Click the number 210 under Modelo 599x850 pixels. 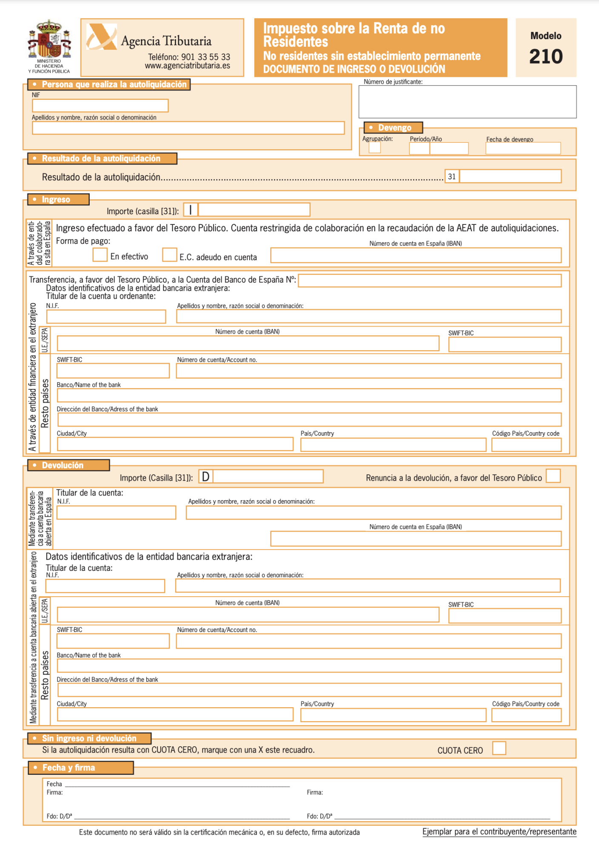point(546,57)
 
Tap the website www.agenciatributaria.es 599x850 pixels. point(187,66)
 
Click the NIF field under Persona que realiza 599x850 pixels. point(100,105)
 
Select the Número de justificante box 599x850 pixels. point(467,102)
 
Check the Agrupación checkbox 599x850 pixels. point(374,147)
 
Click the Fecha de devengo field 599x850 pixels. point(523,148)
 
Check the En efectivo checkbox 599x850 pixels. point(100,255)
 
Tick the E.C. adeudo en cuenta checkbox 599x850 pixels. point(169,255)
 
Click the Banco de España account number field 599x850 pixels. point(430,280)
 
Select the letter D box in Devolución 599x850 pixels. point(205,476)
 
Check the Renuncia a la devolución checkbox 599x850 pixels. point(553,476)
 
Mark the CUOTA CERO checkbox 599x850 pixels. point(499,748)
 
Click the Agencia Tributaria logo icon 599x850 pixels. point(101,37)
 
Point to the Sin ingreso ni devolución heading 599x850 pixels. point(89,738)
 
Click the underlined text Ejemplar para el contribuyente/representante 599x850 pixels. point(499,832)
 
